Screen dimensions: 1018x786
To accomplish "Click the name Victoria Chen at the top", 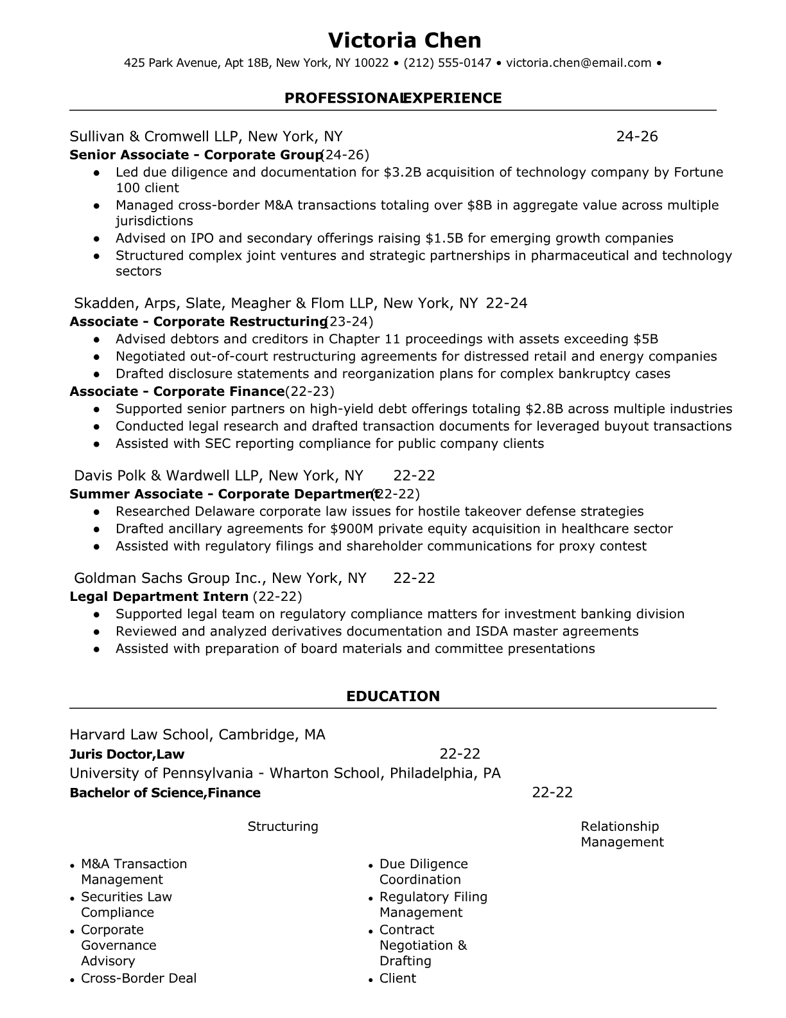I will [x=404, y=40].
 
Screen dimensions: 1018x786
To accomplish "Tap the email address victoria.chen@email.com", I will [x=579, y=63].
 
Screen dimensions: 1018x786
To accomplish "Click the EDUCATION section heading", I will [x=393, y=696].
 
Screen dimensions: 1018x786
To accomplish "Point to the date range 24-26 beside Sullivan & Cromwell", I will [x=636, y=136].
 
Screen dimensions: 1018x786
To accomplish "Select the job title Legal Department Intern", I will [x=159, y=596].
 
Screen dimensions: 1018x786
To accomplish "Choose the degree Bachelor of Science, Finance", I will [x=164, y=792].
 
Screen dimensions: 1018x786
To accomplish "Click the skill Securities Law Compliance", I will [x=127, y=904].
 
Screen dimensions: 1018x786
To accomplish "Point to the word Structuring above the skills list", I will [x=283, y=826].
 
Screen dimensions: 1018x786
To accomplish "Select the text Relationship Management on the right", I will [x=622, y=834].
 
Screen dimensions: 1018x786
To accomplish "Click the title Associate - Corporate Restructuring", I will [x=198, y=321].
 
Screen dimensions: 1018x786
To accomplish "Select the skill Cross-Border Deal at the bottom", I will [x=139, y=978].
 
